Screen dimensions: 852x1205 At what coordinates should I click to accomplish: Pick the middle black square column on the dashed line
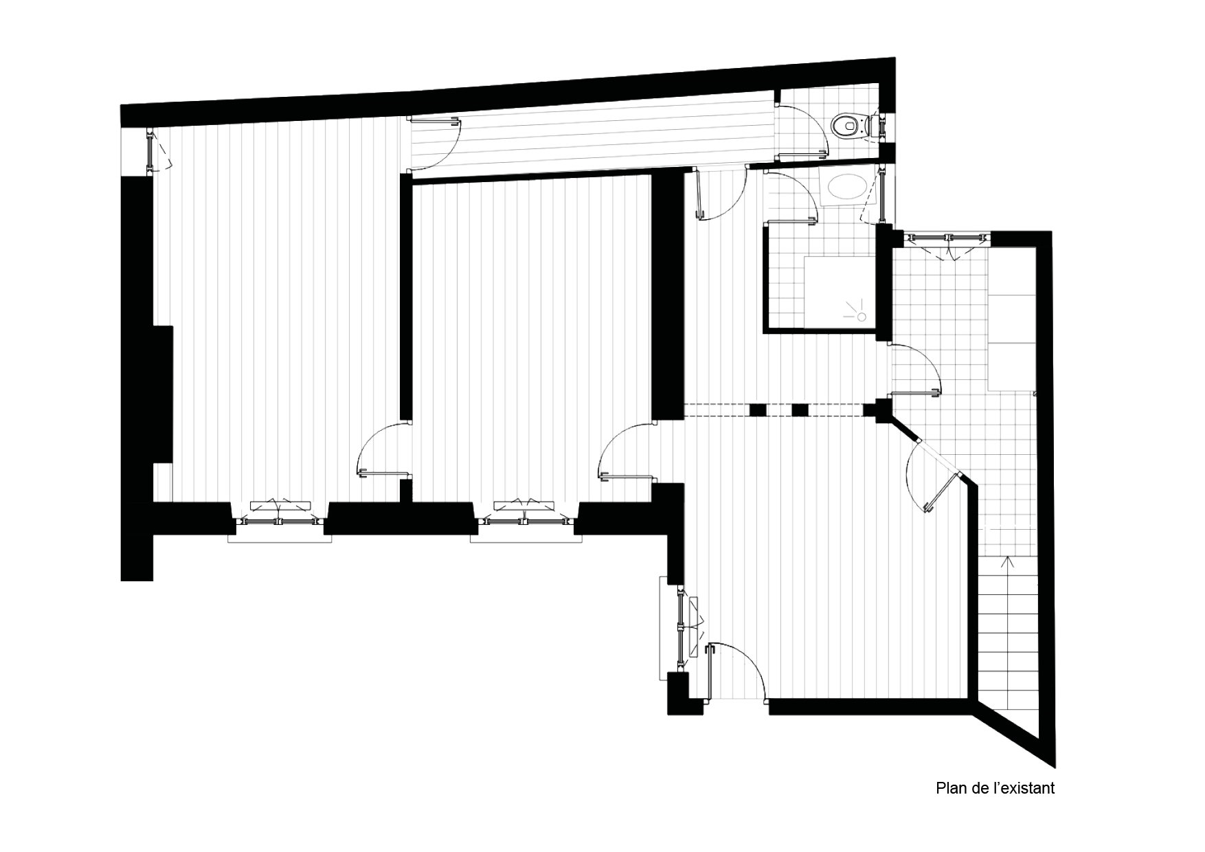click(800, 410)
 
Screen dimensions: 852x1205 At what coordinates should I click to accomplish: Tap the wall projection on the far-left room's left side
click(164, 394)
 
